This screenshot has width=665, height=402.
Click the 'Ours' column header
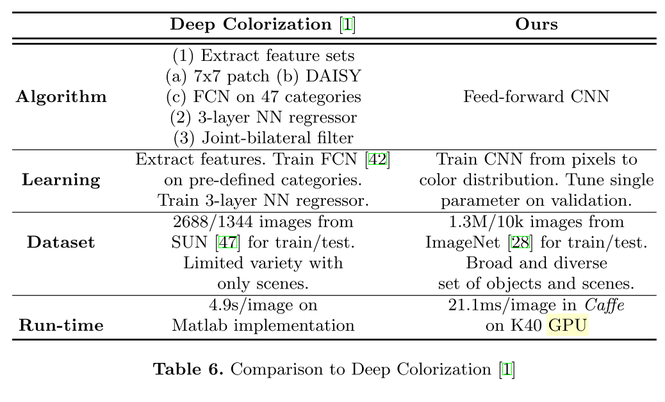coord(536,25)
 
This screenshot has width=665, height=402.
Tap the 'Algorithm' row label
coord(62,97)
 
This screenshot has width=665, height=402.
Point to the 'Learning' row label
coord(62,180)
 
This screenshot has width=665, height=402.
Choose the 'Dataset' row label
coord(62,242)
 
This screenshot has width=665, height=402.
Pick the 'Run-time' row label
coord(61,326)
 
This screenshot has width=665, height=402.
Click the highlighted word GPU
coord(568,326)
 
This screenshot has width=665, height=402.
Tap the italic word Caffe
coord(605,305)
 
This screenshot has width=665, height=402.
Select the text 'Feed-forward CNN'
coord(536,97)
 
